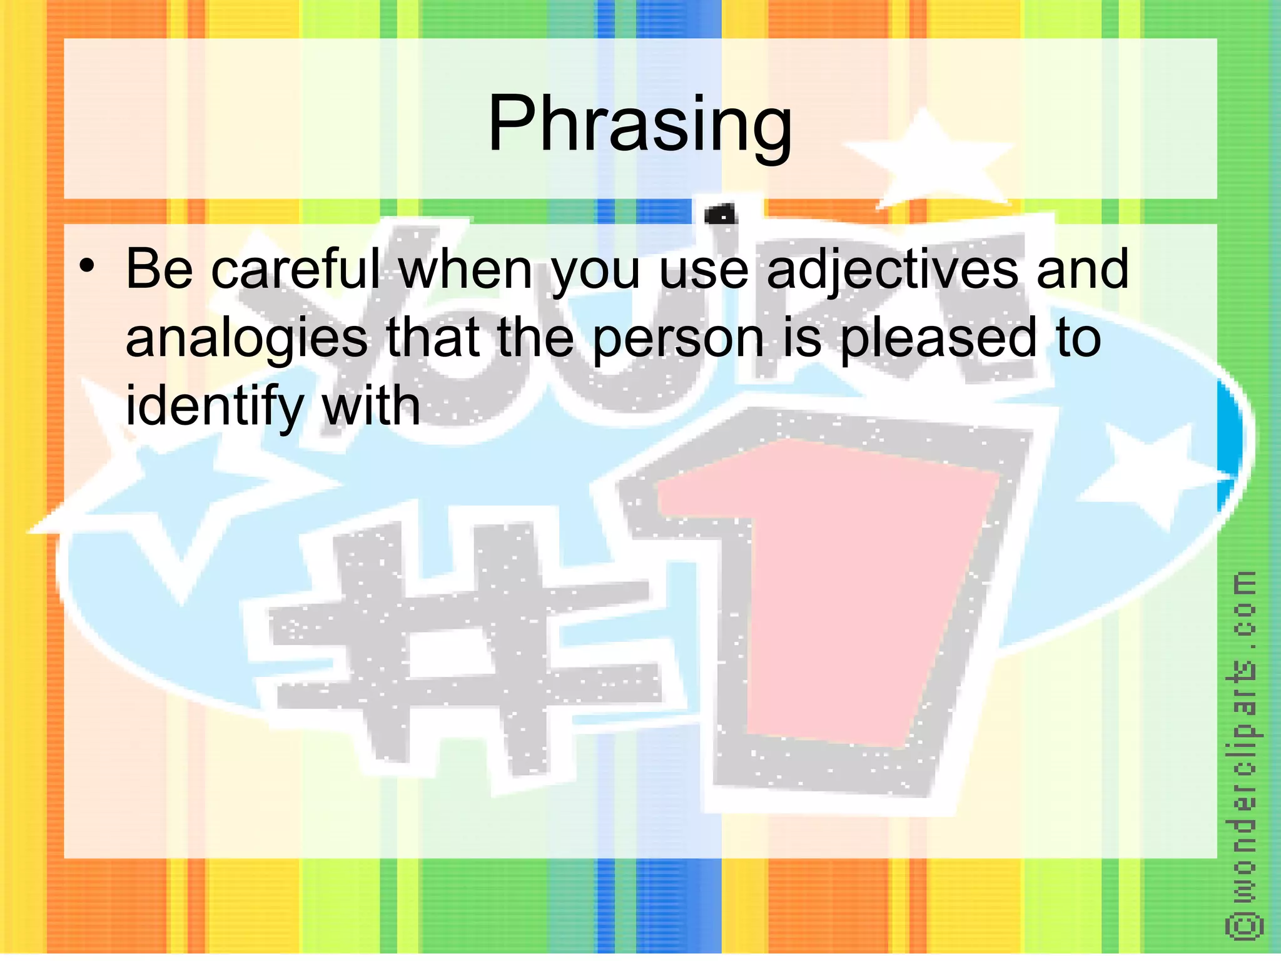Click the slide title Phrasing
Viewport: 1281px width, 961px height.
pos(639,123)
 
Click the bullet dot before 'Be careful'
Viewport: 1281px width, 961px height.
pos(87,267)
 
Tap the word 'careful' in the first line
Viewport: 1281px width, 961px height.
pos(295,269)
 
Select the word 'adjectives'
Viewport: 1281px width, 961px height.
pos(892,270)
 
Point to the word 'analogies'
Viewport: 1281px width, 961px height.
pos(246,339)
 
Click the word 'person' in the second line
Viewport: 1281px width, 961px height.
pos(678,339)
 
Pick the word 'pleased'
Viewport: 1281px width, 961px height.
pos(937,339)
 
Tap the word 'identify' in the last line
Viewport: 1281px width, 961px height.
pos(214,407)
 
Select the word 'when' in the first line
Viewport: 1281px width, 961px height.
pos(465,269)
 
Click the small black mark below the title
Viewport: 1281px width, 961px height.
pos(721,215)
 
